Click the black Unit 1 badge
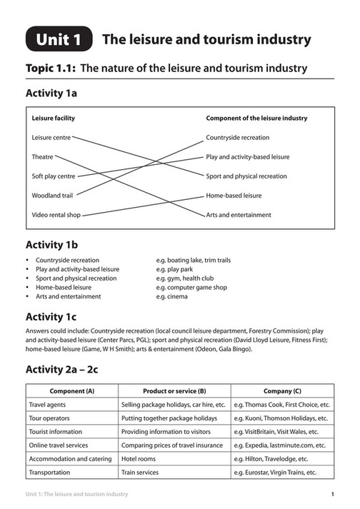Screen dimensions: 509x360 59,40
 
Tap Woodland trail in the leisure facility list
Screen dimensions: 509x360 52,195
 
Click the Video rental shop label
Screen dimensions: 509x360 56,214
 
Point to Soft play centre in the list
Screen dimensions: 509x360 54,176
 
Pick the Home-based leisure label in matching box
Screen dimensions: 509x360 234,195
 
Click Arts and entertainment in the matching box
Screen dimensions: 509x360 239,214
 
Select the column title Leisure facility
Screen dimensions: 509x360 54,118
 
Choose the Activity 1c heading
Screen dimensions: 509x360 51,316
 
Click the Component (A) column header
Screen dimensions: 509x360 71,391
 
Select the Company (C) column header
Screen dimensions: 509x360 282,391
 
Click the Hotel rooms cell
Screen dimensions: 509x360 139,459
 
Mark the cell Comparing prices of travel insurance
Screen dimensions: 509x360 173,445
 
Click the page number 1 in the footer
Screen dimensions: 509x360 334,494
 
